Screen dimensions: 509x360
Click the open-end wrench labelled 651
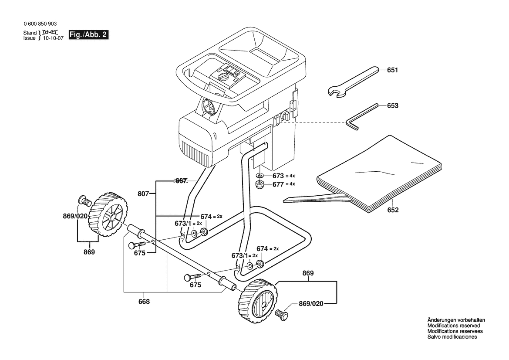pyautogui.click(x=353, y=82)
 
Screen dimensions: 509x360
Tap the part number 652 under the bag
pyautogui.click(x=393, y=210)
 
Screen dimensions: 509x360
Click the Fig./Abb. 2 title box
pyautogui.click(x=88, y=35)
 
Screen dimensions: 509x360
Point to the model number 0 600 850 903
pyautogui.click(x=40, y=24)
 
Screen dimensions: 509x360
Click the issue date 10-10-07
pyautogui.click(x=53, y=38)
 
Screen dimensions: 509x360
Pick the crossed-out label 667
pyautogui.click(x=181, y=180)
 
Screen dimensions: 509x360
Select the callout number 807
pyautogui.click(x=143, y=194)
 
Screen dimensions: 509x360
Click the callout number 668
pyautogui.click(x=144, y=302)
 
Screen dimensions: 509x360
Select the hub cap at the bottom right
pyautogui.click(x=282, y=314)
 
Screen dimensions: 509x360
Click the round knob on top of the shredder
pyautogui.click(x=223, y=77)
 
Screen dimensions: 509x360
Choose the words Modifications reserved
pyautogui.click(x=454, y=326)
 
